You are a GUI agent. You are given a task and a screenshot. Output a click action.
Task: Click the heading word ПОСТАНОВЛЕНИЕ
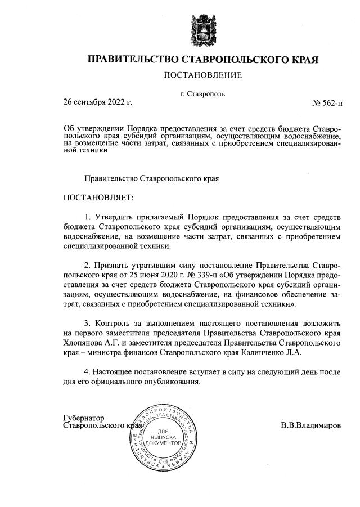pos(202,75)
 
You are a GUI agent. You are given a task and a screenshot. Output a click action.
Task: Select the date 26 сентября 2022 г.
pos(97,102)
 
